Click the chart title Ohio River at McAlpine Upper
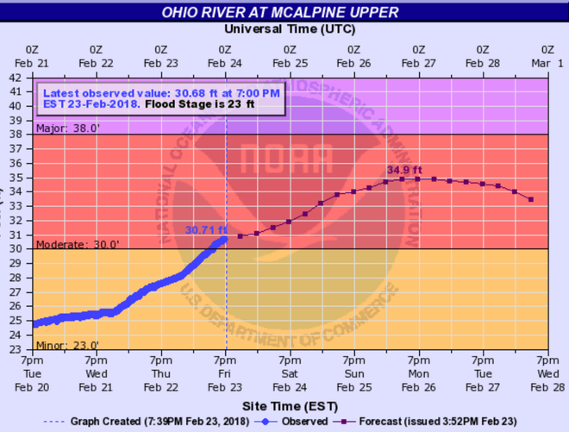point(284,11)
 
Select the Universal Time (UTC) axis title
point(284,28)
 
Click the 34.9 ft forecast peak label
point(405,170)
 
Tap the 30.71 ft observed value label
point(206,229)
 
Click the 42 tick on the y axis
point(16,77)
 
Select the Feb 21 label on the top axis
point(32,56)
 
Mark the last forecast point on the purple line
point(531,200)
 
